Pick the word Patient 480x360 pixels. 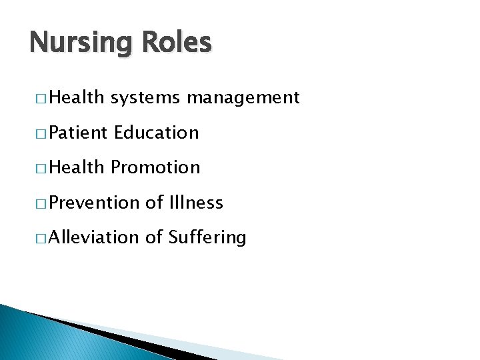click(77, 133)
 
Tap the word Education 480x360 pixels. click(157, 133)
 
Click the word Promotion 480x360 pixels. click(155, 167)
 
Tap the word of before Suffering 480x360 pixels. click(154, 237)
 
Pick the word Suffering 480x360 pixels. click(207, 237)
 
